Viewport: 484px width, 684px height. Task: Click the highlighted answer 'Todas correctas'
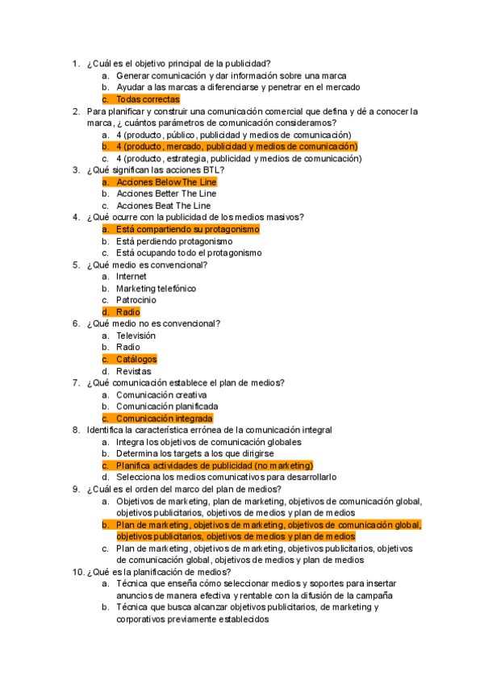pyautogui.click(x=148, y=99)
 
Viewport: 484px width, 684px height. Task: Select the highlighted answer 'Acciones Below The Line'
pyautogui.click(x=166, y=182)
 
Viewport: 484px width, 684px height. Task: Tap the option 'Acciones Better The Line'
pyautogui.click(x=166, y=194)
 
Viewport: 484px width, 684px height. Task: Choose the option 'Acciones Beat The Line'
pyautogui.click(x=163, y=206)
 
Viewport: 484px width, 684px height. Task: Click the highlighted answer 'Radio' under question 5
pyautogui.click(x=127, y=312)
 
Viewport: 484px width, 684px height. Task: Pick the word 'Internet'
pyautogui.click(x=131, y=277)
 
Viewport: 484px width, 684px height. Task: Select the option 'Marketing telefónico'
pyautogui.click(x=156, y=288)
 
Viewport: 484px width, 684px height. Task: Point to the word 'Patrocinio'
pyautogui.click(x=136, y=300)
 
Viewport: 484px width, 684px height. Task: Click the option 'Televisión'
pyautogui.click(x=136, y=336)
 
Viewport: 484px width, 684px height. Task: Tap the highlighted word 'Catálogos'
pyautogui.click(x=136, y=359)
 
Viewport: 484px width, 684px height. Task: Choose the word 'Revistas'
pyautogui.click(x=133, y=371)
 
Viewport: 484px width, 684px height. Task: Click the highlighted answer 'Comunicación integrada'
pyautogui.click(x=164, y=419)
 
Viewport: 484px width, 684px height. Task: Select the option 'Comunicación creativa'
pyautogui.click(x=161, y=395)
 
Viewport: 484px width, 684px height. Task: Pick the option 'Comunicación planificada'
pyautogui.click(x=166, y=407)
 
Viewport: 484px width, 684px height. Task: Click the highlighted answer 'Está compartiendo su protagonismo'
pyautogui.click(x=187, y=230)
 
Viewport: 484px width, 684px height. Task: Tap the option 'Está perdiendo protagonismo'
pyautogui.click(x=174, y=241)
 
